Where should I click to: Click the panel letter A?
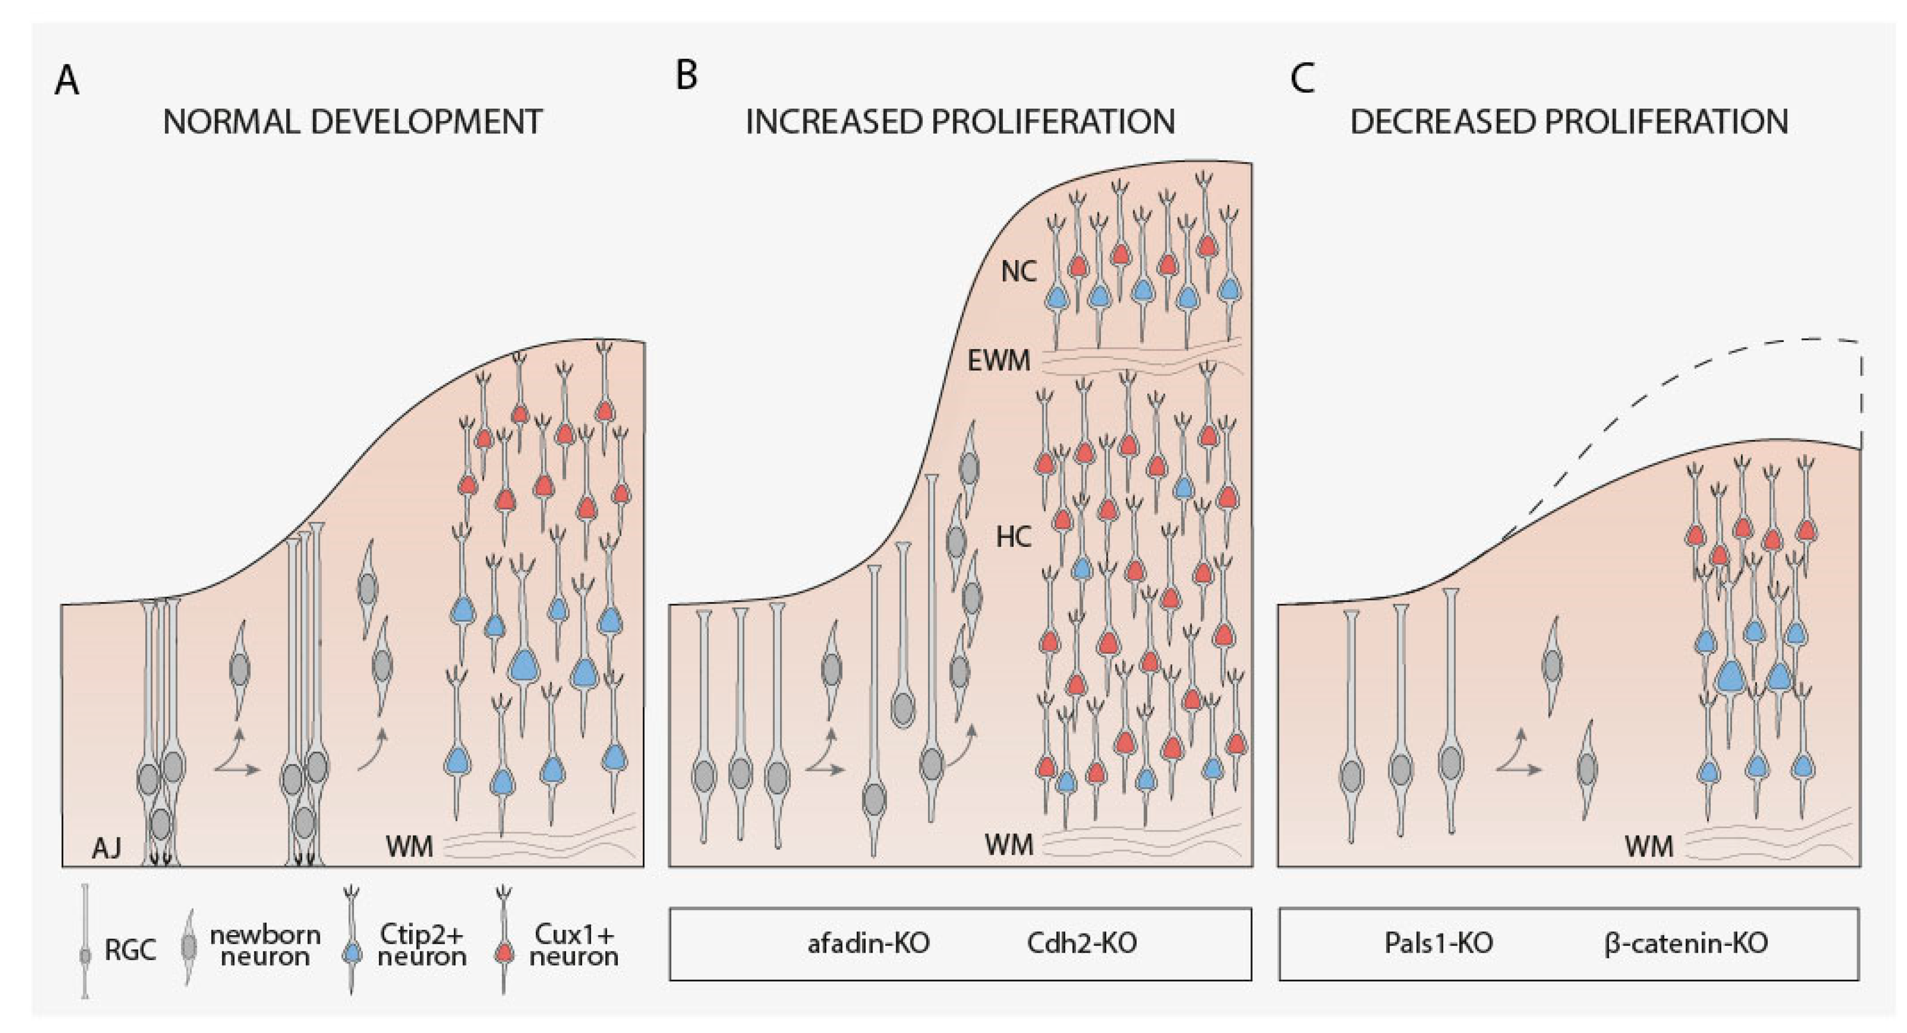click(67, 81)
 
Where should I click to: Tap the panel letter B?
click(686, 76)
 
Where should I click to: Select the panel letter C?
click(1302, 78)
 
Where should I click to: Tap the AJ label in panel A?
click(106, 848)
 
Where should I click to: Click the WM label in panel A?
click(409, 846)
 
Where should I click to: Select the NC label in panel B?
click(1018, 272)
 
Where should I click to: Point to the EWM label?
click(999, 360)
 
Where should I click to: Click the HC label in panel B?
click(1014, 537)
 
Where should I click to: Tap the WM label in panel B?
click(1008, 844)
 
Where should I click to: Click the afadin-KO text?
click(868, 944)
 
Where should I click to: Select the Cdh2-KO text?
click(1082, 944)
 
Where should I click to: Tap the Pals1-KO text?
click(1438, 944)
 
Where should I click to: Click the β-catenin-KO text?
click(1686, 944)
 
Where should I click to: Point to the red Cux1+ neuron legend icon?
click(505, 953)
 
